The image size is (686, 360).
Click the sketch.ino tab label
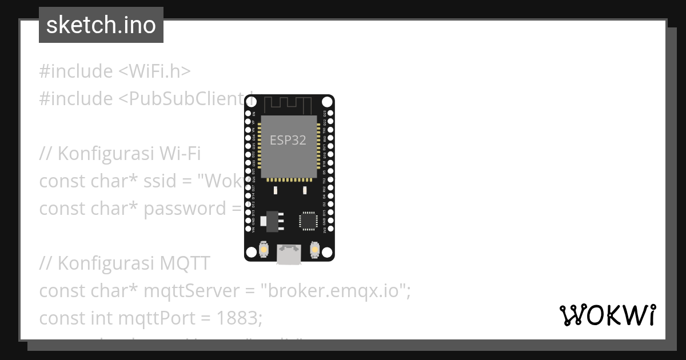coord(101,25)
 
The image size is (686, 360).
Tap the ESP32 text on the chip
coord(288,141)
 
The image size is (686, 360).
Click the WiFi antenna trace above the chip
coord(289,105)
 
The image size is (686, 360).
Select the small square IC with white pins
coord(308,221)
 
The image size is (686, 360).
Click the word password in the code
coord(185,209)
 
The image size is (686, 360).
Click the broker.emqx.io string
coord(335,291)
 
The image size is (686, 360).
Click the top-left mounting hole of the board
coord(251,102)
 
